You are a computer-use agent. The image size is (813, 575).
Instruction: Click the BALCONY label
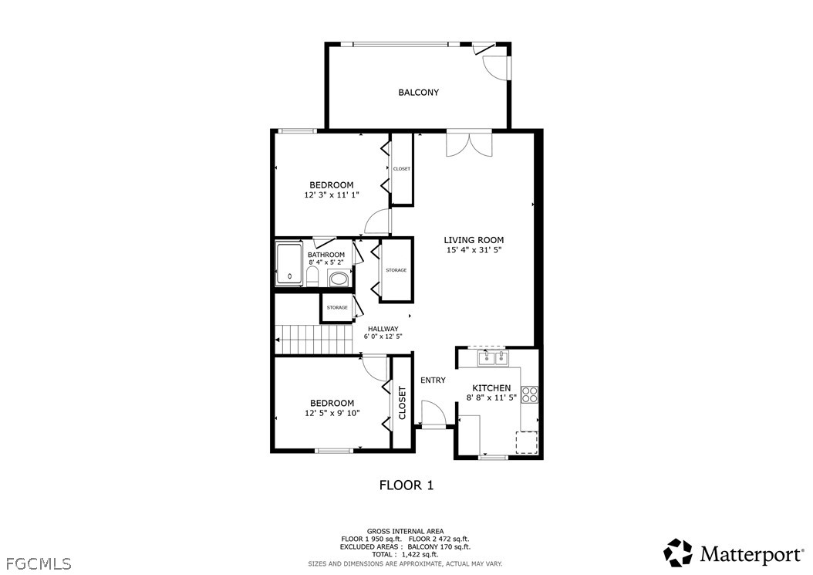[418, 93]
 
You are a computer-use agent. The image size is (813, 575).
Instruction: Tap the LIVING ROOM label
[474, 240]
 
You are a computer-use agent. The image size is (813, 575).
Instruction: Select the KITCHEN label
[491, 388]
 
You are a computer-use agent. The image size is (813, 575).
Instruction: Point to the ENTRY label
[433, 381]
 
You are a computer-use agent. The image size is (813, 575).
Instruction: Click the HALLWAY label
[383, 329]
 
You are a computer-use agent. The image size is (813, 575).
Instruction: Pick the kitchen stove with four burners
[530, 395]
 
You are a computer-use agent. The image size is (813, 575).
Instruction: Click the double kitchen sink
[493, 357]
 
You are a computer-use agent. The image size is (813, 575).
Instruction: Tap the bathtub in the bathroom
[288, 264]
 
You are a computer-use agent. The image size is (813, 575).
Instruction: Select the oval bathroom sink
[339, 279]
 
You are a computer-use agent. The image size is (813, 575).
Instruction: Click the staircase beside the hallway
[313, 340]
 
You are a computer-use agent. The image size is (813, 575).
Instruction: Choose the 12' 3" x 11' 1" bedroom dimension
[332, 195]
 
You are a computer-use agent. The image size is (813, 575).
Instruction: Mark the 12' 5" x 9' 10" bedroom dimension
[332, 413]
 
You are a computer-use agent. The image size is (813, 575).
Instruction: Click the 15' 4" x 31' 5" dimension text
[474, 250]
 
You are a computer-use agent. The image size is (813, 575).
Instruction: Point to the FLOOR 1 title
[406, 485]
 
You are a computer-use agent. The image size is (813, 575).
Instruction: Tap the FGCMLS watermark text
[39, 563]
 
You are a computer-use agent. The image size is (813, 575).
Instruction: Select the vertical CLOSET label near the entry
[402, 403]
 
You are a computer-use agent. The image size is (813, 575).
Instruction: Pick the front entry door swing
[433, 414]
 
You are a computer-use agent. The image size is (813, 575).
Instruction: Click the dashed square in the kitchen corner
[527, 443]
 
